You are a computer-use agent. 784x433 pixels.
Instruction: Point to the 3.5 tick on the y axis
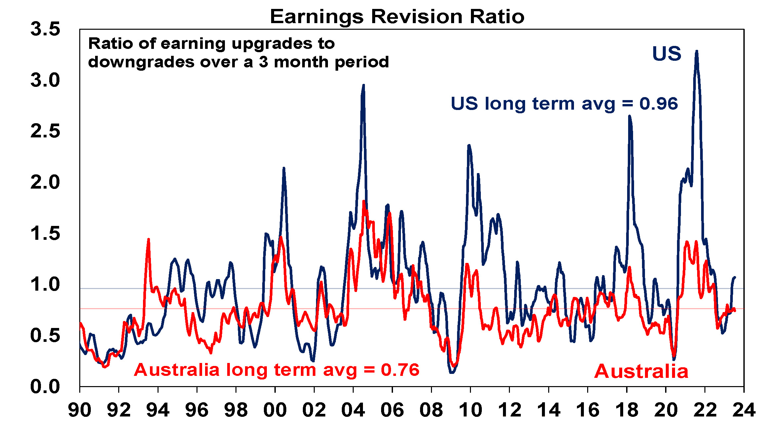[x=45, y=29]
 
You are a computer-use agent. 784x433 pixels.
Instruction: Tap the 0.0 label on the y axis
[x=45, y=386]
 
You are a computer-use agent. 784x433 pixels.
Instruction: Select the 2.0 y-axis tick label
[x=45, y=182]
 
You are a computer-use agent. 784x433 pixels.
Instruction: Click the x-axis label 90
[x=80, y=410]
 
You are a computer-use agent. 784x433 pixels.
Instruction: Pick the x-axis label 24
[x=743, y=410]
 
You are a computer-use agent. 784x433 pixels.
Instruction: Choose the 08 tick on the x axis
[x=431, y=410]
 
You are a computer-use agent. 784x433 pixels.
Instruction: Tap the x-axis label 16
[x=588, y=410]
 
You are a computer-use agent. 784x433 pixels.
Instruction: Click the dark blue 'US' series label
[x=666, y=54]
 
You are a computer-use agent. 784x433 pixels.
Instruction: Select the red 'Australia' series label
[x=641, y=371]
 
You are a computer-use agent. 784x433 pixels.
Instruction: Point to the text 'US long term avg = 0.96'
[x=564, y=104]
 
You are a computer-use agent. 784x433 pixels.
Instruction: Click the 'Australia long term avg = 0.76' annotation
[x=276, y=370]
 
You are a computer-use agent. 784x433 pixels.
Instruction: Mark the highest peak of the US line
[x=696, y=51]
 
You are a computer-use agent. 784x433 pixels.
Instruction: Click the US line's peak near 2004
[x=364, y=85]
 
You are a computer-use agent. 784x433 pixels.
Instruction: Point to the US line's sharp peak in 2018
[x=629, y=116]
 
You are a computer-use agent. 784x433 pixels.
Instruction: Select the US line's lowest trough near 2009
[x=452, y=373]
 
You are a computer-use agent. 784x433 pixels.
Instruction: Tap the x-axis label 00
[x=275, y=410]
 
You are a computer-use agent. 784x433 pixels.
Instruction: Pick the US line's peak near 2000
[x=284, y=168]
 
